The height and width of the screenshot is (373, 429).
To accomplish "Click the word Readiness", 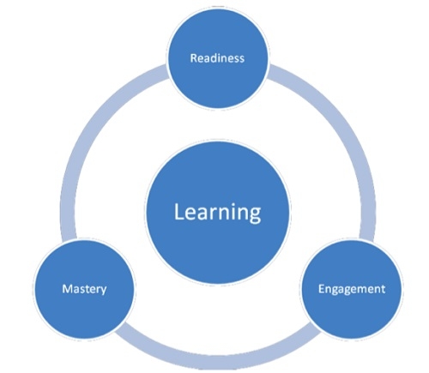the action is (x=217, y=58).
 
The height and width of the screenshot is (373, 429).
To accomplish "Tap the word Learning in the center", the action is (x=218, y=213).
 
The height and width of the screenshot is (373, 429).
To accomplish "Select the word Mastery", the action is (x=84, y=289).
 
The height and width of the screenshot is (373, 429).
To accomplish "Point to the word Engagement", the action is (x=352, y=289).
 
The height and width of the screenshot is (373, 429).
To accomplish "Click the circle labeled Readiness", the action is (x=218, y=58).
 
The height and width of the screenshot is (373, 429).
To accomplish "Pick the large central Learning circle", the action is (x=218, y=213).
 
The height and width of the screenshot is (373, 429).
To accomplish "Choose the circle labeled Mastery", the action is (x=84, y=289).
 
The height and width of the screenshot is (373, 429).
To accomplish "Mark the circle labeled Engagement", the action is (x=352, y=289).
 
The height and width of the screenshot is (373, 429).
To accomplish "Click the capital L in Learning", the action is (x=178, y=212).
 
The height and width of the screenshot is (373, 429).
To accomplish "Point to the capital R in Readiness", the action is (x=194, y=58).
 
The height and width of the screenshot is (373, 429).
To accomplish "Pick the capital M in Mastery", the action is (x=67, y=289).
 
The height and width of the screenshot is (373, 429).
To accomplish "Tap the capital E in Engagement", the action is (x=321, y=289).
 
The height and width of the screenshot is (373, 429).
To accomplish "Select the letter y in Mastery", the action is (x=104, y=291).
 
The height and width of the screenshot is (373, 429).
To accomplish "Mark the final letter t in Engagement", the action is (x=384, y=289).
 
